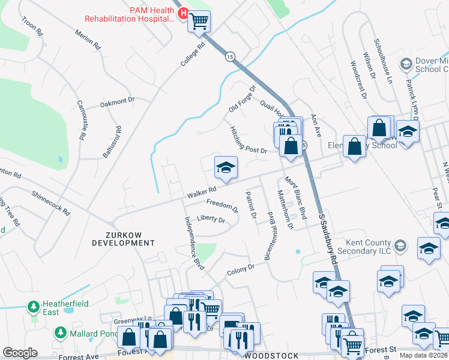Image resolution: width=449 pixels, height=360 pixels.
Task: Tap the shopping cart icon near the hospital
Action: [199, 22]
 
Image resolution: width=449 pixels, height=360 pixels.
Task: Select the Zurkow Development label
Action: [123, 239]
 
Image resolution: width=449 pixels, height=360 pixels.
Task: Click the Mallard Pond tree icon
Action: [60, 332]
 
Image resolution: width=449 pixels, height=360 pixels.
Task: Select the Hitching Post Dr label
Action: [247, 140]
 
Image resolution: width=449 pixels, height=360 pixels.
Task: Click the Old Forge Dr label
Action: [242, 98]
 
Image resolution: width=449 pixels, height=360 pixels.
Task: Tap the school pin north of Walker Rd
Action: [226, 167]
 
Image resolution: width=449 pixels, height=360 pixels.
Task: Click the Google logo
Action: [20, 353]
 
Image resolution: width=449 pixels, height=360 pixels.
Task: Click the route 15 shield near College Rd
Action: [231, 56]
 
